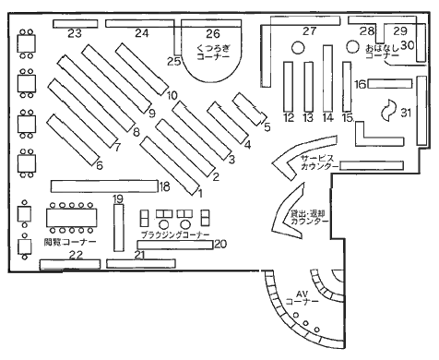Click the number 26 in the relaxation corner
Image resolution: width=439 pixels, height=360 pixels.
213,32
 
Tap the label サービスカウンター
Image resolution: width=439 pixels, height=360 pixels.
318,163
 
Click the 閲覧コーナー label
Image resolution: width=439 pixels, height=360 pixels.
64,242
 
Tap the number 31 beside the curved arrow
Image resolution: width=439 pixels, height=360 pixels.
406,112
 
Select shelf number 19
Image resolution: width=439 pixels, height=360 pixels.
117,199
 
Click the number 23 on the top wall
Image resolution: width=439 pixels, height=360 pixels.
75,33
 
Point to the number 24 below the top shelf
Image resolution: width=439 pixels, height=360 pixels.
141,33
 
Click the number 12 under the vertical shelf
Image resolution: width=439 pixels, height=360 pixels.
289,118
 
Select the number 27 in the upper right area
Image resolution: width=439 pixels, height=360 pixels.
309,31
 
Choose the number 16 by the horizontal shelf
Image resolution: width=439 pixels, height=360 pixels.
362,84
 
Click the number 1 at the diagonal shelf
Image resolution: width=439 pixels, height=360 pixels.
199,192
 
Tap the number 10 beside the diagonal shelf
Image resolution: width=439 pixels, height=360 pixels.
172,94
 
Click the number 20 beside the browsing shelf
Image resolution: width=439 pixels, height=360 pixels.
219,244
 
